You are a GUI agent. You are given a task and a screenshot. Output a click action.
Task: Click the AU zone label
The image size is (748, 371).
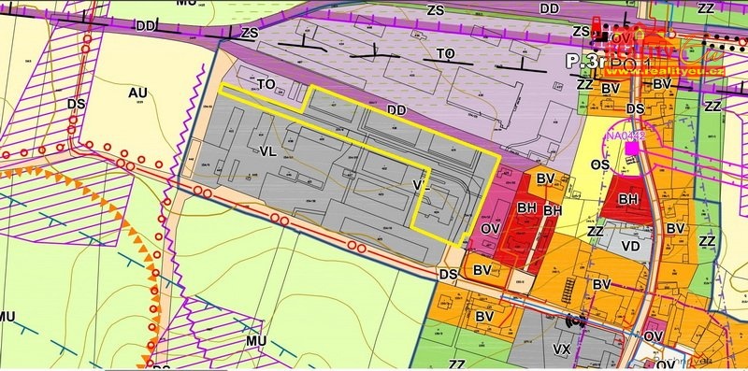coord(138,93)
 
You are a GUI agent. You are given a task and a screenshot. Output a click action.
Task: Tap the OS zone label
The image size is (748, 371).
coord(601,164)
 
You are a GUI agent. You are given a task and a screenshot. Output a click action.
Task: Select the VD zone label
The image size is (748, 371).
coord(631,247)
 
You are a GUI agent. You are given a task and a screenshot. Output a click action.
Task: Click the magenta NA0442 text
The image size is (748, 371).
coord(625,136)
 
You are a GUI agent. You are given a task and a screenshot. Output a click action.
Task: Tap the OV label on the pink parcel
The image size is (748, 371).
coord(492,227)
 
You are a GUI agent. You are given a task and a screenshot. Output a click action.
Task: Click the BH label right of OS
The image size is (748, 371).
coord(628,199)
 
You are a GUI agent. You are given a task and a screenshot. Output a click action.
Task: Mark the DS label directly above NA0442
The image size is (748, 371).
coord(636,109)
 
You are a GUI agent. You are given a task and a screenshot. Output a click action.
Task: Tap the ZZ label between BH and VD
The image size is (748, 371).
coord(595,231)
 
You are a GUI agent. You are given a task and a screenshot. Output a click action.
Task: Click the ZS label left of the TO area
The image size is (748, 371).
coord(249,33)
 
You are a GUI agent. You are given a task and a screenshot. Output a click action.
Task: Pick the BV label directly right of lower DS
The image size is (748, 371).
coord(482,270)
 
